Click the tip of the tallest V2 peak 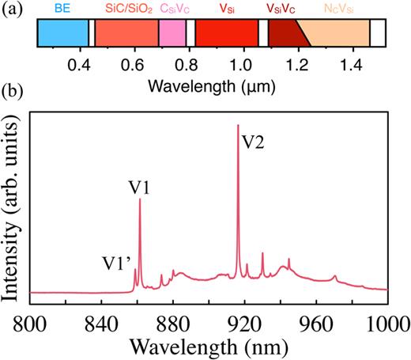pyautogui.click(x=238, y=125)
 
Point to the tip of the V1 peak pyautogui.click(x=140, y=199)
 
